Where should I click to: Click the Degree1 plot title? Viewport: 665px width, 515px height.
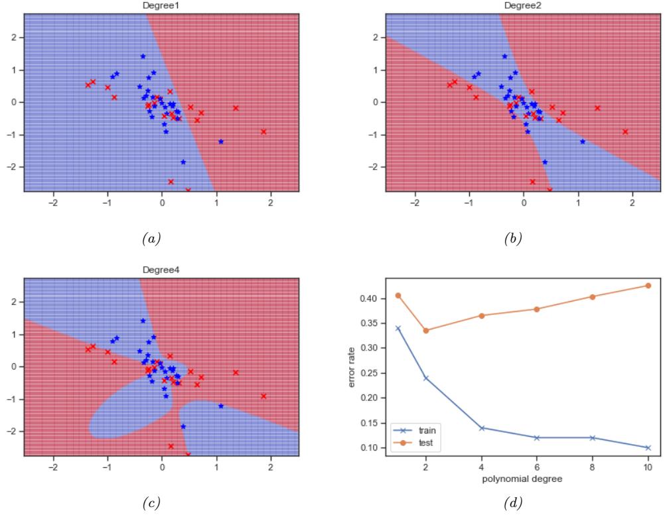coord(161,5)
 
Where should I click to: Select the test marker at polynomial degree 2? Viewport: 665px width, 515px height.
coord(425,330)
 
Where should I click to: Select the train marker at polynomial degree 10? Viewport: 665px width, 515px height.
coord(648,447)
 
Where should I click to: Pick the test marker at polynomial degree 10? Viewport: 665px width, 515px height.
coord(648,286)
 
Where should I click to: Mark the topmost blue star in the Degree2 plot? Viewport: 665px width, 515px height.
coord(504,56)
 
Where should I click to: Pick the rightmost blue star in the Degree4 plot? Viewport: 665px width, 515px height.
coord(220,406)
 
